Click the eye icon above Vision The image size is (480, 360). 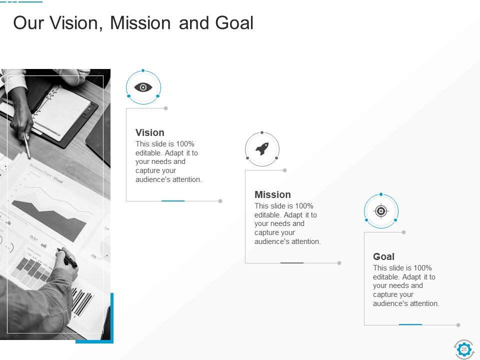(x=143, y=87)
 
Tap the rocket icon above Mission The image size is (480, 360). (x=262, y=149)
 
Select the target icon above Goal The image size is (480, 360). (x=381, y=211)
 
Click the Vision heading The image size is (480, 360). (x=150, y=132)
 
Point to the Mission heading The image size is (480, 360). (x=272, y=194)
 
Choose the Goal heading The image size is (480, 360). (x=383, y=256)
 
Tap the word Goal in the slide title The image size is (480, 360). (x=234, y=23)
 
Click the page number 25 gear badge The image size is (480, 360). (x=463, y=349)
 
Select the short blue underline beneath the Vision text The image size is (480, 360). (x=173, y=200)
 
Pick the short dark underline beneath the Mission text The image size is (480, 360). (x=292, y=262)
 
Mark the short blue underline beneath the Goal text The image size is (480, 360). (x=410, y=324)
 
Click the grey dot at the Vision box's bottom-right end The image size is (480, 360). (x=220, y=201)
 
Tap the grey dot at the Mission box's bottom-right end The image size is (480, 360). (x=339, y=263)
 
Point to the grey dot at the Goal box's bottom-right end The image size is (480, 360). (x=458, y=325)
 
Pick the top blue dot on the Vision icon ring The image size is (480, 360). (x=143, y=70)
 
